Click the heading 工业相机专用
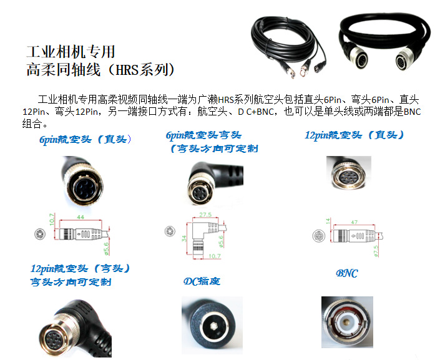pos(71,51)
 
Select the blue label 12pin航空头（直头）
pos(354,135)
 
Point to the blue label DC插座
pos(202,281)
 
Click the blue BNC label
pos(346,274)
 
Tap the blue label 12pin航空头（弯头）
pos(81,268)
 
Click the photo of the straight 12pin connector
pos(349,174)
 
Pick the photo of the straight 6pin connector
pos(82,180)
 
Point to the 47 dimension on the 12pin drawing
pos(353,221)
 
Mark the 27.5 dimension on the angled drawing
pos(206,214)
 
